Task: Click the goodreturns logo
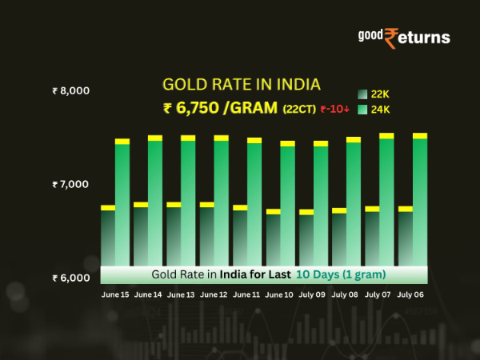[x=403, y=36]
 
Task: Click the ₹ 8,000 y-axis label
[x=70, y=90]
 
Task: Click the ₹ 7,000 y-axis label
[x=70, y=185]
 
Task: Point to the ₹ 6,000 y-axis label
[x=70, y=278]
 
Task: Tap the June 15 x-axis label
[x=116, y=295]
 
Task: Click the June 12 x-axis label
[x=214, y=295]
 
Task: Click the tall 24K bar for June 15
[x=122, y=204]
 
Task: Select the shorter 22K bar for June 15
[x=108, y=236]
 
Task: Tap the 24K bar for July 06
[x=420, y=200]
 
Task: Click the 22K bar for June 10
[x=274, y=238]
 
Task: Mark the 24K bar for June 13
[x=188, y=200]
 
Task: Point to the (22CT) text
[x=298, y=110]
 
